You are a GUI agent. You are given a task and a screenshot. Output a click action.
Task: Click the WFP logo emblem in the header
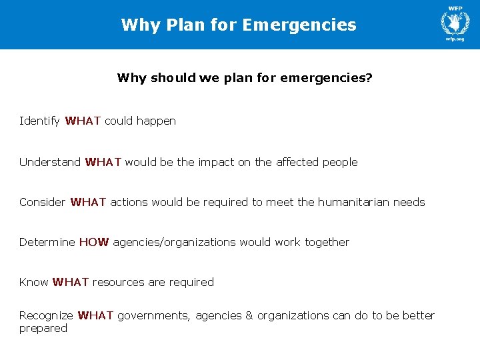[x=455, y=21]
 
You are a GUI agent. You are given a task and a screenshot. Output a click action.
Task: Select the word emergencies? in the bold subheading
[x=327, y=78]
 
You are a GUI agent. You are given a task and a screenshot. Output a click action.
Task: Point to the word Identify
[x=40, y=121]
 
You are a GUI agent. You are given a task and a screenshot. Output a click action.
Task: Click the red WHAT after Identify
[x=83, y=121]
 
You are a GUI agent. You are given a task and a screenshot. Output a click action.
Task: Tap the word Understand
[x=50, y=162]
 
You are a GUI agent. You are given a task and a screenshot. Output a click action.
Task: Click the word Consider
[x=43, y=202]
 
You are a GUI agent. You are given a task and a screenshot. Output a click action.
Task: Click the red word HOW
[x=94, y=242]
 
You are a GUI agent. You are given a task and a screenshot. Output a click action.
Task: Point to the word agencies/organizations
[x=175, y=242]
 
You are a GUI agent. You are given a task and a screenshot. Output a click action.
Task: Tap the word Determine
[x=47, y=242]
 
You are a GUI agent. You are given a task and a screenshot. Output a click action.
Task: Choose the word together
[x=327, y=242]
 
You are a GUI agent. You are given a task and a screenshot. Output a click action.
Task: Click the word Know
[x=33, y=282]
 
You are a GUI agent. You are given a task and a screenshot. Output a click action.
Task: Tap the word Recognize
[x=46, y=315]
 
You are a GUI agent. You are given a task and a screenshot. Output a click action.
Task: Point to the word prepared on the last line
[x=43, y=329]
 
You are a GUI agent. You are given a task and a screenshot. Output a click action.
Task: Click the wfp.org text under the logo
[x=455, y=39]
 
